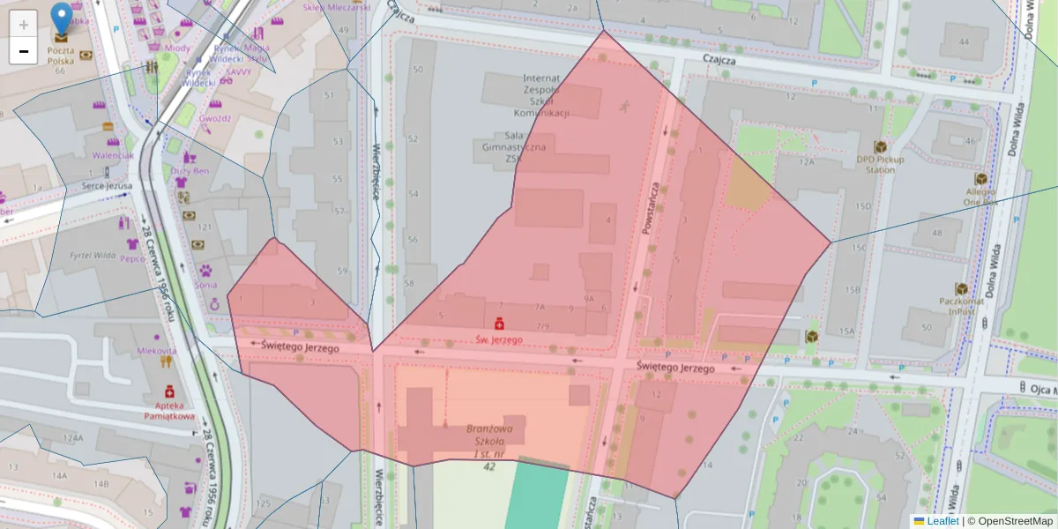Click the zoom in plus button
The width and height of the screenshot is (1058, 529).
coord(24,25)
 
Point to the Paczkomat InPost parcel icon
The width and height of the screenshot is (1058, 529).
coord(961,289)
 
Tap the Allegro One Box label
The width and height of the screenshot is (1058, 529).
coord(980,196)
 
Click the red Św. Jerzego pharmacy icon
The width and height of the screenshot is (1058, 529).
coord(499,323)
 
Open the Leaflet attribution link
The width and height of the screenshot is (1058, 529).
coord(942,521)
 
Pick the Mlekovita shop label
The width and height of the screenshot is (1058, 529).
coord(156,350)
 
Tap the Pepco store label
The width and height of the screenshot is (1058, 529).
coord(132,259)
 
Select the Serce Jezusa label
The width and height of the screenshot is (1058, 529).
coord(106,186)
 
